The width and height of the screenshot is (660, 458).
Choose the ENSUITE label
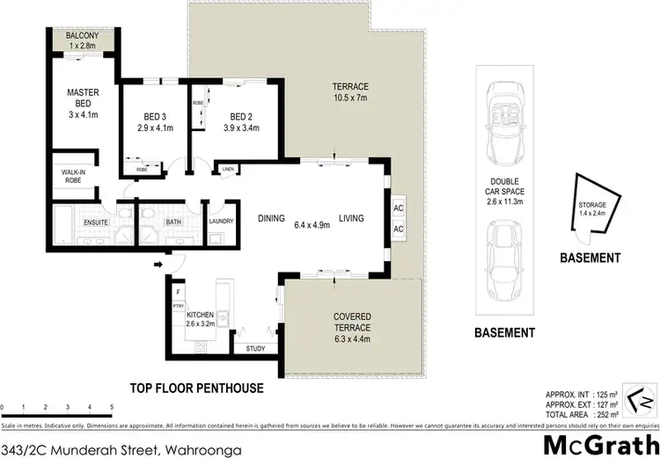pos(95,222)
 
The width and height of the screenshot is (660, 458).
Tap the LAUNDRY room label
pos(221,222)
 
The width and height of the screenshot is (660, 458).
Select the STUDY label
pos(256,349)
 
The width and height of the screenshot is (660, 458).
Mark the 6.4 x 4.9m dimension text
pos(312,225)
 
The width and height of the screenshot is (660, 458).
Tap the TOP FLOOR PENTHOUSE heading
pos(195,387)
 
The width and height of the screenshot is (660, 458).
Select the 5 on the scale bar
pos(112,407)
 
